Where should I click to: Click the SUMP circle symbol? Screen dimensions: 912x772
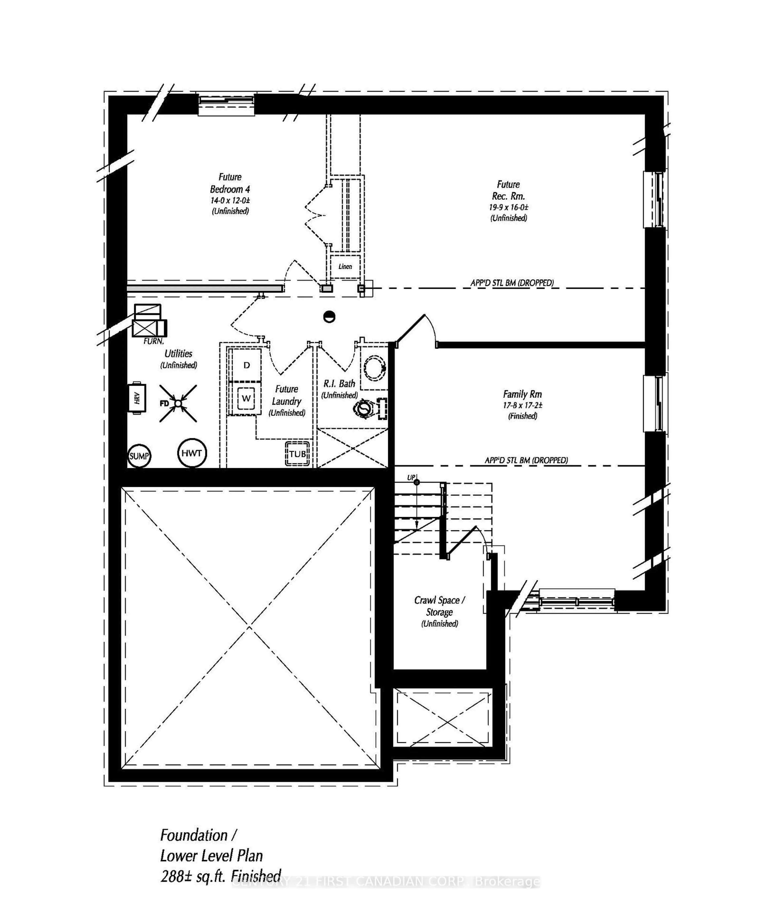pos(139,456)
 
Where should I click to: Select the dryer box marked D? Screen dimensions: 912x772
pos(246,365)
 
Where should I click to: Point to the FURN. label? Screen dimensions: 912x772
pos(154,341)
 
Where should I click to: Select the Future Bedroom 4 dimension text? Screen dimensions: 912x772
pos(230,201)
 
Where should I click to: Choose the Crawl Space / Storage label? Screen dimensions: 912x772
pos(439,606)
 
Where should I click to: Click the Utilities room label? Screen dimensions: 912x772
pos(179,353)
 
